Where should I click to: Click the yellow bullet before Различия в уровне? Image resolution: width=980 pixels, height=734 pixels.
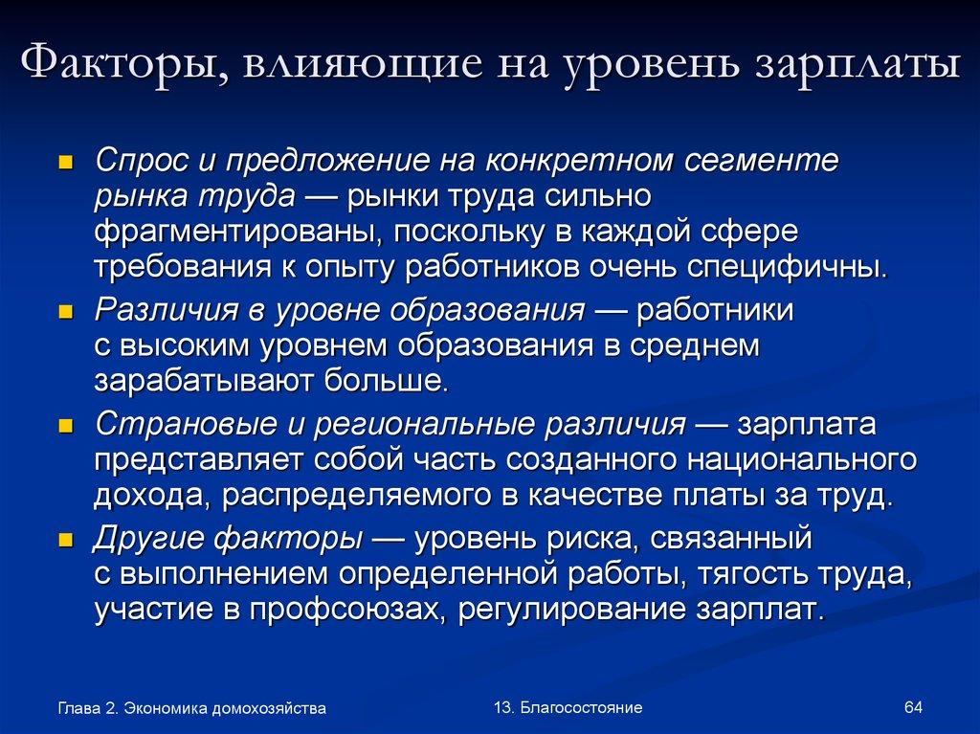65,313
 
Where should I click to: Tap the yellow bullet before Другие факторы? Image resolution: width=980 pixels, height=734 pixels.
65,540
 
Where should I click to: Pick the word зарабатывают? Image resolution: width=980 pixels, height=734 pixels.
191,381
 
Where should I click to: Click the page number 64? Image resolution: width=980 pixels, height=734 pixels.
912,707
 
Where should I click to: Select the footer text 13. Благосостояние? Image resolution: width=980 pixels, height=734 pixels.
568,707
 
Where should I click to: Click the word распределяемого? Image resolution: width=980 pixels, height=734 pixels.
376,496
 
